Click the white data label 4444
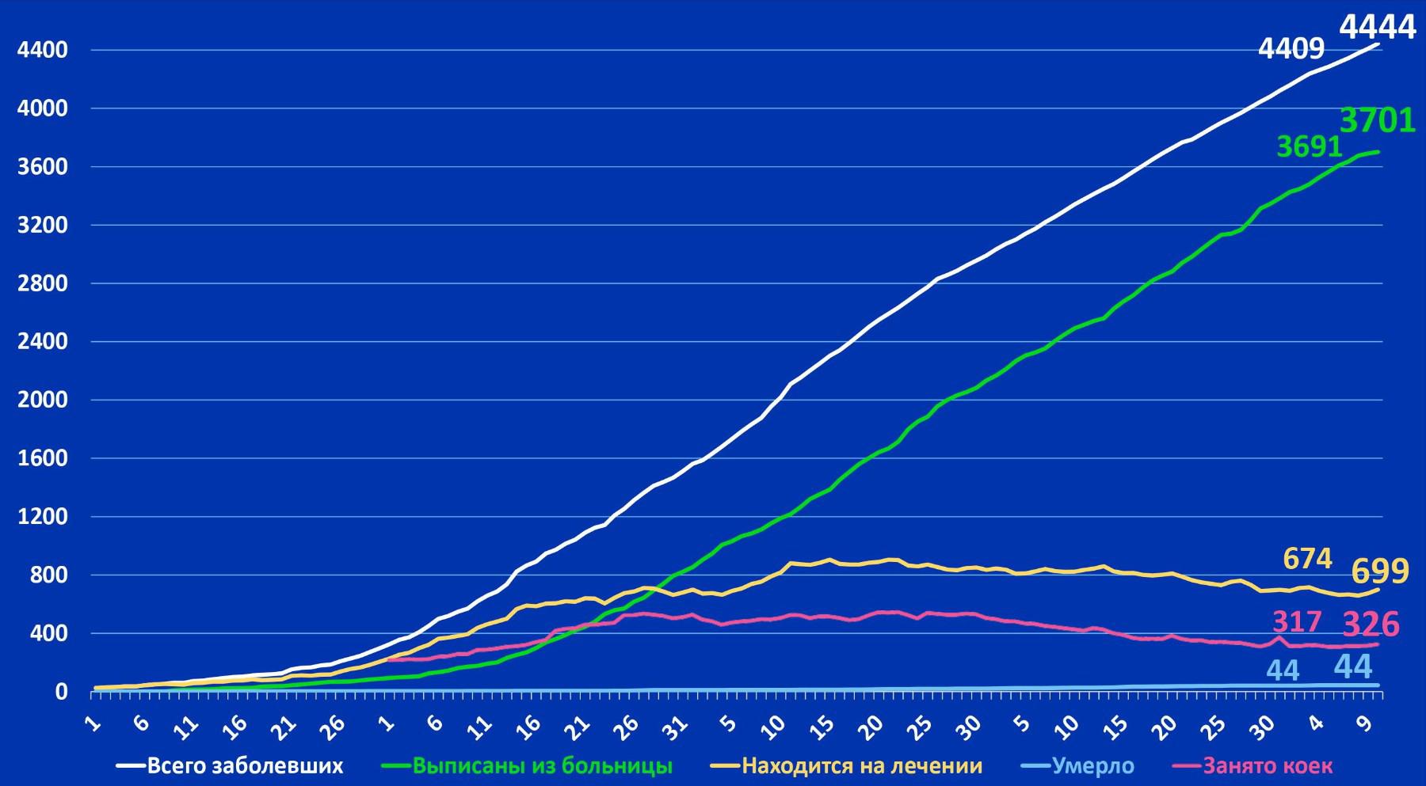click(1377, 27)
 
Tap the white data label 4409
click(1291, 49)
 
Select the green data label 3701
click(1377, 121)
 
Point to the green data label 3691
click(1310, 146)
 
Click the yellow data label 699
click(1379, 571)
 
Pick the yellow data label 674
click(1307, 559)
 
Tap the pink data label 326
click(1371, 624)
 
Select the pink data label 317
click(1297, 621)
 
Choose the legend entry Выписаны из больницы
click(543, 765)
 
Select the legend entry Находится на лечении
click(862, 765)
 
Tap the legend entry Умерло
click(1092, 765)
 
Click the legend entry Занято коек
click(1268, 765)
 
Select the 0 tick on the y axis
click(61, 692)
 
